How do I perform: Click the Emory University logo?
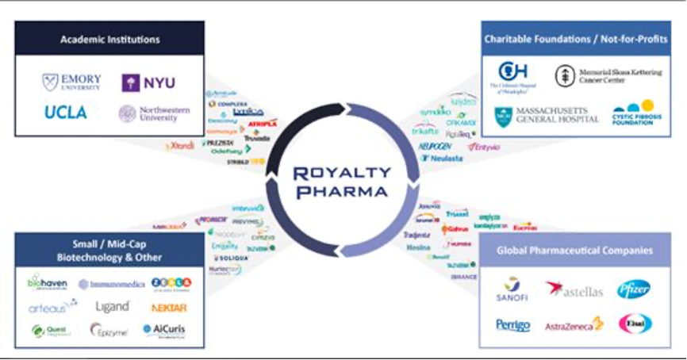point(71,82)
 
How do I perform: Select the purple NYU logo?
point(148,82)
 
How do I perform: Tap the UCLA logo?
point(66,113)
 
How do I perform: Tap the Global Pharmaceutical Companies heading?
point(574,251)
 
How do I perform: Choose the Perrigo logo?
point(512,325)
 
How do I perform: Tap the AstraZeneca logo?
point(574,325)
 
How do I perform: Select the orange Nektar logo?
point(168,307)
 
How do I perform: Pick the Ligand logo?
point(112,307)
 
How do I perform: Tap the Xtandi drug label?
point(181,145)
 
